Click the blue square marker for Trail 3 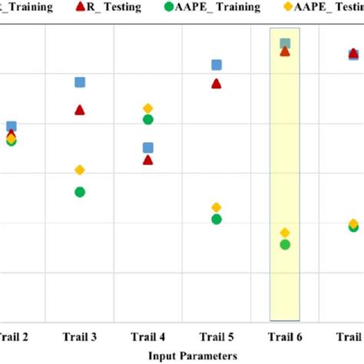[x=79, y=82]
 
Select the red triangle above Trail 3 [x=79, y=110]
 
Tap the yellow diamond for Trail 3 [x=79, y=170]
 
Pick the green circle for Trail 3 [x=79, y=192]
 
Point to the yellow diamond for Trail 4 [x=148, y=108]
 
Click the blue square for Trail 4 [x=148, y=147]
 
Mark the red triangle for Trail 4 [x=148, y=160]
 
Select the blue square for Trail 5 [x=217, y=65]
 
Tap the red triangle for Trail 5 [x=217, y=83]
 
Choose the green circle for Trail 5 [x=217, y=220]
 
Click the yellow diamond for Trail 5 [x=217, y=207]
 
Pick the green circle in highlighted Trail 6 [x=285, y=244]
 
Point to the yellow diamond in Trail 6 [x=285, y=232]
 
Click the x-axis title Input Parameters [x=193, y=355]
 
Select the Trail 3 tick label [x=79, y=336]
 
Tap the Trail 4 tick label [x=147, y=336]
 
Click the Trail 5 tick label [x=217, y=336]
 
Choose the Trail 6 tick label [x=285, y=336]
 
